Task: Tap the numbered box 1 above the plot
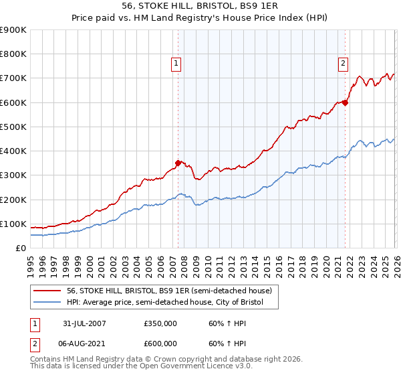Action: [176, 64]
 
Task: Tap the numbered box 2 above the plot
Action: [343, 64]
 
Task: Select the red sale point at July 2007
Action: [178, 163]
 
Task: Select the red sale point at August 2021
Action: [346, 102]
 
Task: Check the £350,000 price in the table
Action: [160, 323]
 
